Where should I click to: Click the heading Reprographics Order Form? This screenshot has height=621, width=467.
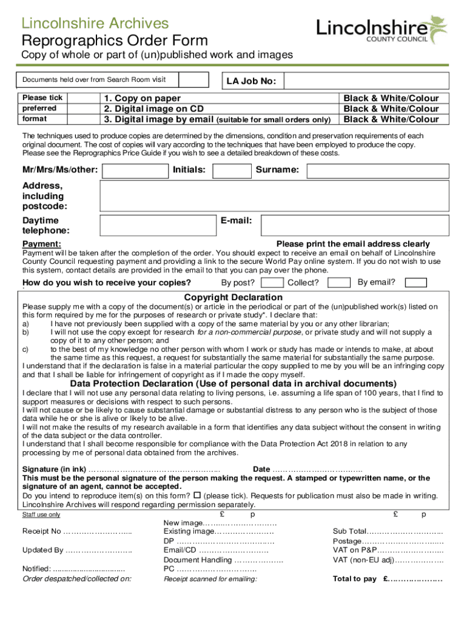tap(115, 41)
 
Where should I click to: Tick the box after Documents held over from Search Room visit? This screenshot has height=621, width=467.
tap(195, 80)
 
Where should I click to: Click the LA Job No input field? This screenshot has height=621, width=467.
tap(366, 81)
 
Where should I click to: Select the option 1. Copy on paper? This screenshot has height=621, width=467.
tap(142, 98)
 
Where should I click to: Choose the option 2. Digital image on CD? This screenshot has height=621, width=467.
tap(153, 109)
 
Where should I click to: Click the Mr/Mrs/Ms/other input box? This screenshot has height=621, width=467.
tap(135, 170)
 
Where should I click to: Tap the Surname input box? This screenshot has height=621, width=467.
tap(377, 170)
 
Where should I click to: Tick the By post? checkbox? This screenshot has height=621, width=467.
tap(273, 283)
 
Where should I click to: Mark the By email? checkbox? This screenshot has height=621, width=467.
tap(416, 283)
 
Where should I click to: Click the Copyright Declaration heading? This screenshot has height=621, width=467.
tap(233, 297)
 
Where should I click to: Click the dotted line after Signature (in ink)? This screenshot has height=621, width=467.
tap(154, 469)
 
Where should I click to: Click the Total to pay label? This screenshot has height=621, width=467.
tap(354, 579)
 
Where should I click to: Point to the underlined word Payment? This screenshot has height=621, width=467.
tap(42, 244)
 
